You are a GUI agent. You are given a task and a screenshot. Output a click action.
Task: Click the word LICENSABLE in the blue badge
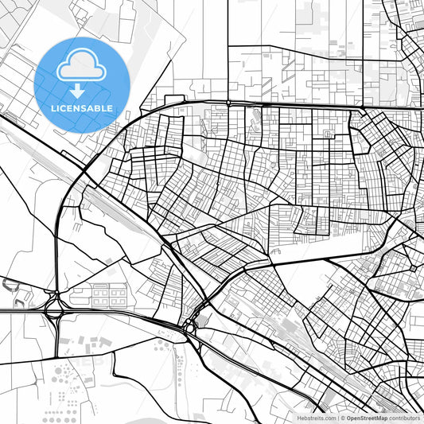[x=82, y=108]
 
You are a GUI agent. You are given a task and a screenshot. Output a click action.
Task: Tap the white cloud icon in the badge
[x=82, y=64]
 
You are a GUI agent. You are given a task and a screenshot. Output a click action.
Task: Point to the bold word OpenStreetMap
[x=366, y=417]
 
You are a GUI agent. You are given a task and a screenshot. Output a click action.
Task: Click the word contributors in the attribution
[x=403, y=417]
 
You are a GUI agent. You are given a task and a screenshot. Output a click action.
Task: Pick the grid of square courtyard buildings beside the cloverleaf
[x=109, y=295]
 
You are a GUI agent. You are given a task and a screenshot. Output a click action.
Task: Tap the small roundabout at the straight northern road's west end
[x=229, y=103]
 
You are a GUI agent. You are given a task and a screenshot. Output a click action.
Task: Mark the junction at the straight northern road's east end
[x=362, y=107]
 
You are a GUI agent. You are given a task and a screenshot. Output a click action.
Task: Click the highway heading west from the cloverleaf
[x=20, y=311]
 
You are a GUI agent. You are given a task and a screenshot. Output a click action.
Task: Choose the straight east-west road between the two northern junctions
[x=294, y=105]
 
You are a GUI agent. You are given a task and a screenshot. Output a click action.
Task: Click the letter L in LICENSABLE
[x=54, y=108]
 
